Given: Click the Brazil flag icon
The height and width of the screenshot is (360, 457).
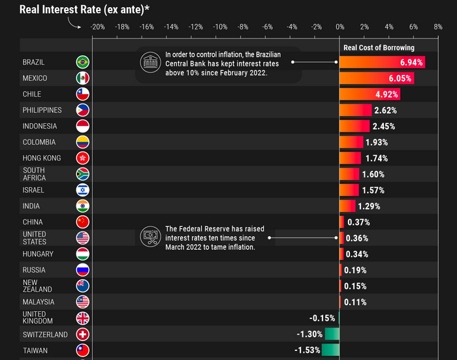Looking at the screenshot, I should [83, 63].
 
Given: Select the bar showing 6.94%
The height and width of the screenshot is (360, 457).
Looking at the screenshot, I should [382, 63].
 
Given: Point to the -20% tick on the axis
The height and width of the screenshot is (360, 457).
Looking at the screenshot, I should [97, 27].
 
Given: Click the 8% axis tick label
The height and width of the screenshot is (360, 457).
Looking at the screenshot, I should [437, 27].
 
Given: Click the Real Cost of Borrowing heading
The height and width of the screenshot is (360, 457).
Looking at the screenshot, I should [379, 48].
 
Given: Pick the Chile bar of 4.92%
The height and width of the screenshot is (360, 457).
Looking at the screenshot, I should [370, 95].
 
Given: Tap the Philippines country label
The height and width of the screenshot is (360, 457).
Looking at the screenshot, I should [42, 110].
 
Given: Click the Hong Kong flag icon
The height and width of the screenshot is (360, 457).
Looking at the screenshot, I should [83, 158].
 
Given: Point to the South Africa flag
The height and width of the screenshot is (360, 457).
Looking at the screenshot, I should [83, 174].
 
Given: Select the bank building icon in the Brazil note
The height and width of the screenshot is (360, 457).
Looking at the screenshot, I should [150, 63].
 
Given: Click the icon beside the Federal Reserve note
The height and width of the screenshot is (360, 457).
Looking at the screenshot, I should [151, 237].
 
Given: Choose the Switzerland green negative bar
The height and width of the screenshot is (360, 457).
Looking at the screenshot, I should [332, 335].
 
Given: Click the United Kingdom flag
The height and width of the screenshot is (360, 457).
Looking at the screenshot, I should [83, 318].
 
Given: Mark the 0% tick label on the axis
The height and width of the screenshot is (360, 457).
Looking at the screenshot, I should [339, 27].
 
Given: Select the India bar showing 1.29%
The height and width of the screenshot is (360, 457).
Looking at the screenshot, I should [347, 206].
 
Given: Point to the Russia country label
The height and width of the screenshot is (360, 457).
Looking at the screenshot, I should [34, 270].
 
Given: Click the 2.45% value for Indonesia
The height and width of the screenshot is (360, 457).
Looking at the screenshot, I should [383, 127].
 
